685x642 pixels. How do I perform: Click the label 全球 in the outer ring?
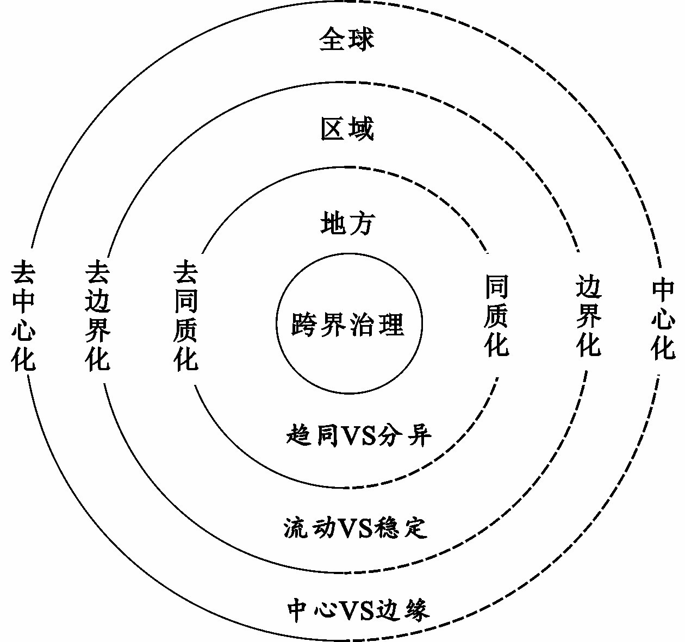(346, 40)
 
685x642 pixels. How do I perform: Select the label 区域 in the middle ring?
(347, 129)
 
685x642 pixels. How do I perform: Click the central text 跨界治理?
(348, 324)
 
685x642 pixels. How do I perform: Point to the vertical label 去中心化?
(23, 315)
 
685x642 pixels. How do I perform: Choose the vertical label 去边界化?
(97, 315)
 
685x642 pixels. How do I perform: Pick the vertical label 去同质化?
(186, 315)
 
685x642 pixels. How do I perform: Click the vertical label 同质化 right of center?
(496, 315)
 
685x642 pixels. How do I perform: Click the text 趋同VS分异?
(358, 435)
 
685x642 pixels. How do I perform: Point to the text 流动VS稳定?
(356, 527)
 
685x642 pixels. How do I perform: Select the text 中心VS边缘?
(358, 609)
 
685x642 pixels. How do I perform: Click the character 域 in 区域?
(360, 129)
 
